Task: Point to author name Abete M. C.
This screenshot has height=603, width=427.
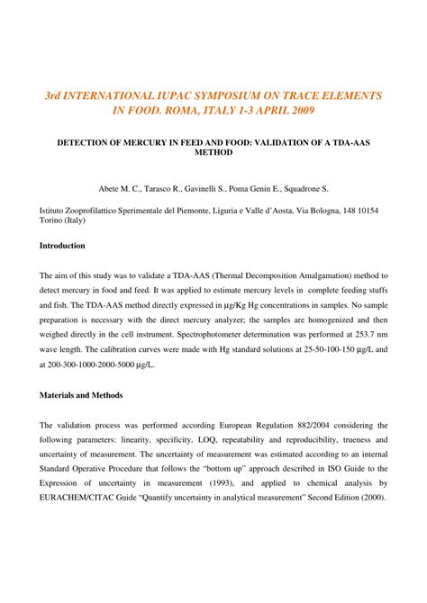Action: tap(118, 191)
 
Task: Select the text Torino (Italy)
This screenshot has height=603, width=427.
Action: tap(67, 222)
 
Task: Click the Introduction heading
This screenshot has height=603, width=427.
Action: tap(62, 246)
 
